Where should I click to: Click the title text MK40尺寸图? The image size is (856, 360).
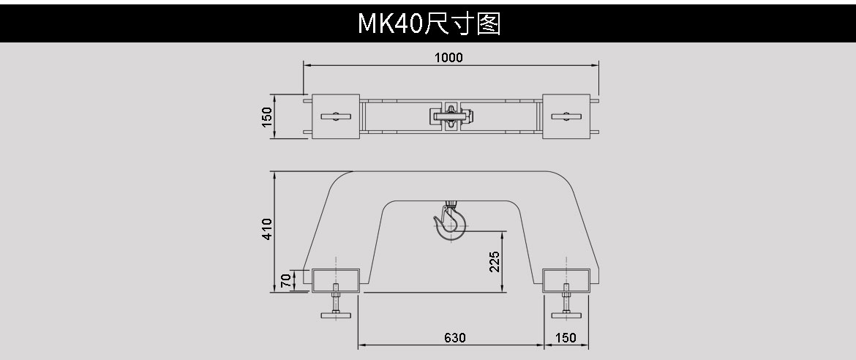[x=428, y=23]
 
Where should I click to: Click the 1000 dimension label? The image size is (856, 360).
[x=448, y=58]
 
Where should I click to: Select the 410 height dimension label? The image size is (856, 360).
[x=268, y=229]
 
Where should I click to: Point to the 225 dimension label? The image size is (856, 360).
[x=495, y=262]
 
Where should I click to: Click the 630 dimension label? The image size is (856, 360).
[x=454, y=337]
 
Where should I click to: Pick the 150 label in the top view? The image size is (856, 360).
[x=268, y=116]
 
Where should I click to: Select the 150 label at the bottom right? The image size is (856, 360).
[x=566, y=337]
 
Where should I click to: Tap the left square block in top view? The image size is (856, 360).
[x=334, y=116]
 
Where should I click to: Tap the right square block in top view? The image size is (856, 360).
[x=566, y=116]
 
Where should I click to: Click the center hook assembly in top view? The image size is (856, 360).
[x=451, y=116]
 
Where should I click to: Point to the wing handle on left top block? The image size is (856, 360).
[x=334, y=116]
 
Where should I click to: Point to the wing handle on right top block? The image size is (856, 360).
[x=566, y=116]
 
